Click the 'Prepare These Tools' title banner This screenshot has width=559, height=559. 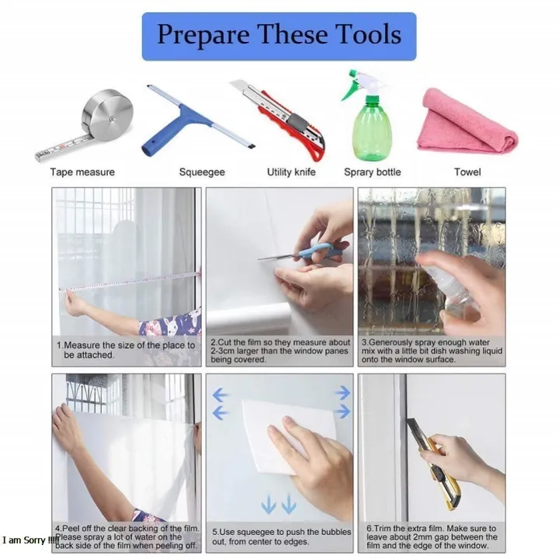[279, 36]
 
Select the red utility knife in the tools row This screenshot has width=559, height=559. [278, 120]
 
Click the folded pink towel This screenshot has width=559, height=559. [468, 122]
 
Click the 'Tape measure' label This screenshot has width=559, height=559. [82, 172]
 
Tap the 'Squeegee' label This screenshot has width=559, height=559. [202, 172]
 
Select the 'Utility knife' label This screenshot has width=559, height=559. [291, 172]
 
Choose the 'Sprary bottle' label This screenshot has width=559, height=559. [372, 172]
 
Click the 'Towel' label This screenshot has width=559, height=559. [467, 172]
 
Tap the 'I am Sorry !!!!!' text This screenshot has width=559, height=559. [30, 540]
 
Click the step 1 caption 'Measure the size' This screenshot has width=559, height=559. [126, 350]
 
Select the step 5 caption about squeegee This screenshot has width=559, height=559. [282, 536]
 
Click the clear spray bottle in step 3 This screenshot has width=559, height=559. [452, 285]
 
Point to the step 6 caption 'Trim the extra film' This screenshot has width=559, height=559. [432, 537]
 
